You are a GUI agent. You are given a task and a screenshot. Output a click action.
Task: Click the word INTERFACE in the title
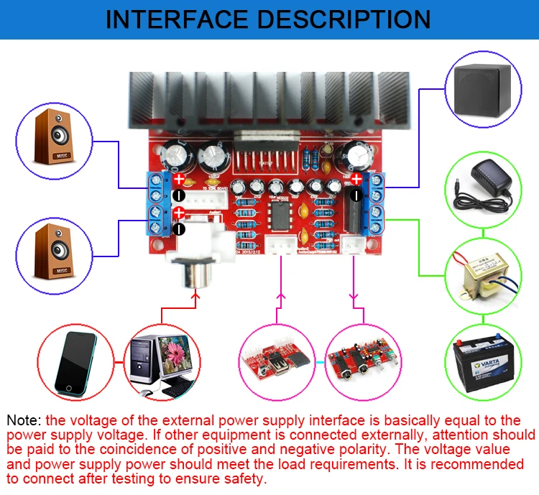(x=178, y=19)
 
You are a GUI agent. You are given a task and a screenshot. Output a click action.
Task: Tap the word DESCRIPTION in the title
(x=344, y=19)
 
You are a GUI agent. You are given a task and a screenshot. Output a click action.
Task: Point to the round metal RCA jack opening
(x=195, y=277)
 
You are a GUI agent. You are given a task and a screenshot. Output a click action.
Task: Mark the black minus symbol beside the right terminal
(x=357, y=195)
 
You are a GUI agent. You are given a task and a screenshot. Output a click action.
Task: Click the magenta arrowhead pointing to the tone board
(x=352, y=296)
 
